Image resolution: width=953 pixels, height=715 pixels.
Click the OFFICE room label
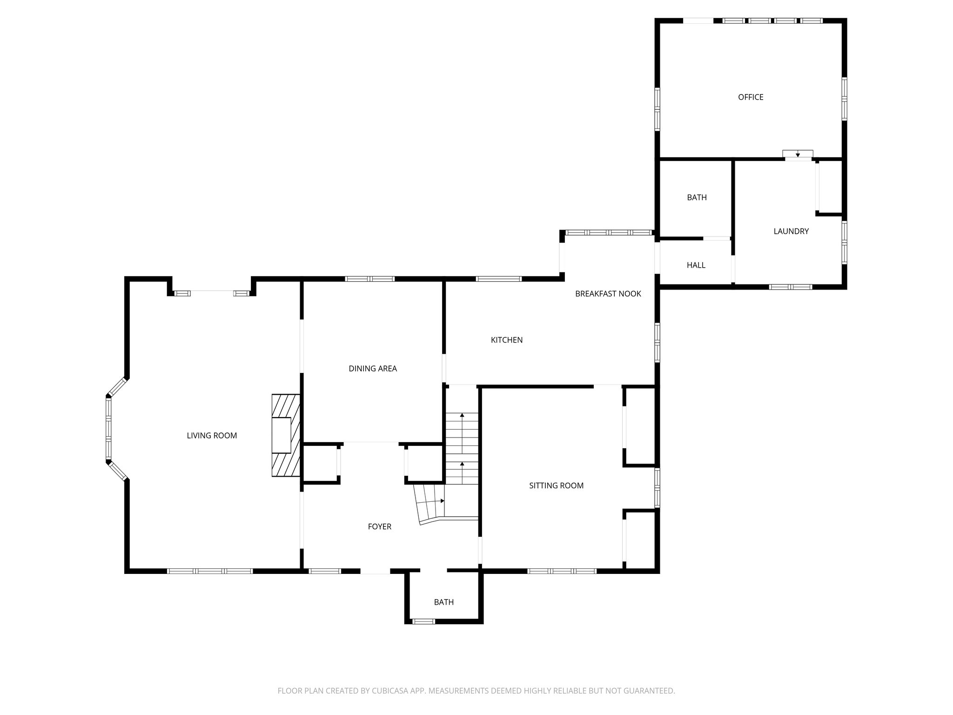[x=751, y=97]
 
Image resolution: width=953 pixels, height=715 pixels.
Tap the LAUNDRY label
[x=791, y=231]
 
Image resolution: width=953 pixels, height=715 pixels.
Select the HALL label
[x=696, y=265]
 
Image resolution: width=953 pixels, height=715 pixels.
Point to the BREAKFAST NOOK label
[x=608, y=294]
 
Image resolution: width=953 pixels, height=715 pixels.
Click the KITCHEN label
[x=507, y=340]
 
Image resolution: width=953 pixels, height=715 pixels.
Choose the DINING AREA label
[x=373, y=369]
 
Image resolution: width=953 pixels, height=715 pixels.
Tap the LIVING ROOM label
[x=212, y=436]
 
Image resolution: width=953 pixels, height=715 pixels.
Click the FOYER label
[x=380, y=526]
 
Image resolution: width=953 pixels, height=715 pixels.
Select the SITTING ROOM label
[x=556, y=486]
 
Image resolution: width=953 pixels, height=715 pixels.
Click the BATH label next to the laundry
[x=697, y=197]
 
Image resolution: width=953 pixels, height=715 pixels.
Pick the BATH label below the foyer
[x=443, y=602]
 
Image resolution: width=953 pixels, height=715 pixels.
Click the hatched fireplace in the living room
[x=286, y=435]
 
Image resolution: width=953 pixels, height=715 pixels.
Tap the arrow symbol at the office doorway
[x=798, y=155]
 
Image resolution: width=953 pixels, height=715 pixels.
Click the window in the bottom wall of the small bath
[x=424, y=621]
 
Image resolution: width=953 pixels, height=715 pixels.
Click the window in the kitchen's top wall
[x=498, y=279]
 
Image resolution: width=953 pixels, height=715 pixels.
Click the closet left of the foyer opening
[x=321, y=463]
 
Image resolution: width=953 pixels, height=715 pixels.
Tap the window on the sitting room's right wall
[x=657, y=487]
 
